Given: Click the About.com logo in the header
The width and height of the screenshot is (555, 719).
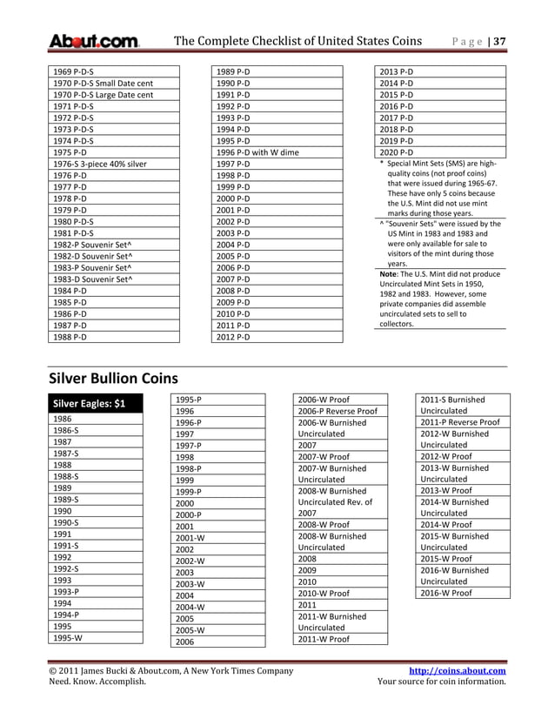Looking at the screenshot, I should [93, 42].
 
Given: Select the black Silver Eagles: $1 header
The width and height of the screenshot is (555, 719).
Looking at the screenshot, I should [90, 403].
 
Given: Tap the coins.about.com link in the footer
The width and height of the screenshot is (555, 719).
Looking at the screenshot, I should [458, 670].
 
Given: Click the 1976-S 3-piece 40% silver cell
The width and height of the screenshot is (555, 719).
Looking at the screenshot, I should [99, 164].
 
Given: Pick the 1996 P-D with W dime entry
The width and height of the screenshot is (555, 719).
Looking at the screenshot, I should [257, 151].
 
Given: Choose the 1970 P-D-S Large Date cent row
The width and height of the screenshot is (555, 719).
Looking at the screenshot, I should [103, 95].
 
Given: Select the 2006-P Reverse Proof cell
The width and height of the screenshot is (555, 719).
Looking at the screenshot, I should [338, 411].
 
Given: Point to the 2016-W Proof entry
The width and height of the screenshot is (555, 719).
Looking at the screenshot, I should [446, 593].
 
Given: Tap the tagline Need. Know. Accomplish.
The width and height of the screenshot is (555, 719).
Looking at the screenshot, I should [97, 682].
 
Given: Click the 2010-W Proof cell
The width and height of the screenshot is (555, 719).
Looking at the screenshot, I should [324, 593].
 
